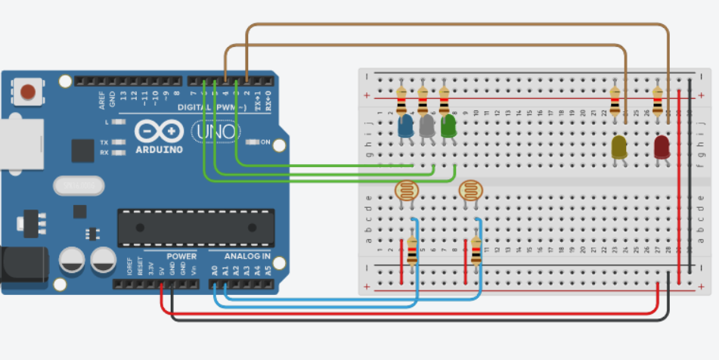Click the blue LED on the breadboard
coord(405,126)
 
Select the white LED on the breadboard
coord(427,126)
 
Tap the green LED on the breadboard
coord(448,126)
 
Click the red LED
coord(662,147)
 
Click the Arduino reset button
coord(28,92)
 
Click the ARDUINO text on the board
coord(160,149)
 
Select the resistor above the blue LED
coord(401,98)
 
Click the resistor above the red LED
coord(658,98)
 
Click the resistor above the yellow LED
coord(615,98)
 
